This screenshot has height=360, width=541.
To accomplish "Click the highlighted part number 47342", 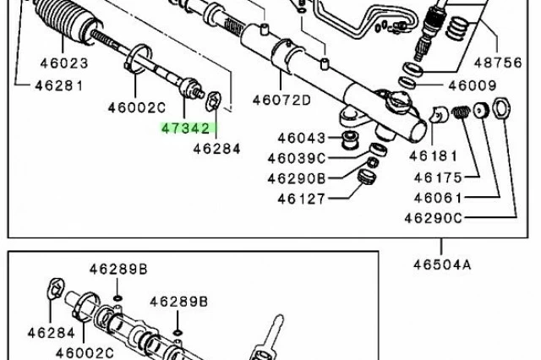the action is click(x=186, y=128).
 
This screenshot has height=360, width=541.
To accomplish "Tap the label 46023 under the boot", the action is click(x=64, y=63).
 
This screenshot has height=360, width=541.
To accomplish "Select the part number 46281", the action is click(x=59, y=86).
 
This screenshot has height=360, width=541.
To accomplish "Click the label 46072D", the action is click(x=281, y=100).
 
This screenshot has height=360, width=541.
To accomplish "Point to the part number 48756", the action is click(x=498, y=63).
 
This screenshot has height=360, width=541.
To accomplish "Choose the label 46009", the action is click(x=472, y=85).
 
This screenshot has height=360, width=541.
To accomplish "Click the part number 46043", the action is click(x=302, y=138).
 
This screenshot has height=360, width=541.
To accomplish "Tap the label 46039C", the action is click(x=297, y=158).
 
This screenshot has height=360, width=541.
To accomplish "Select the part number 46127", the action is click(x=301, y=199).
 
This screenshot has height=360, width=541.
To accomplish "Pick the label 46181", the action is click(x=433, y=156).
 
